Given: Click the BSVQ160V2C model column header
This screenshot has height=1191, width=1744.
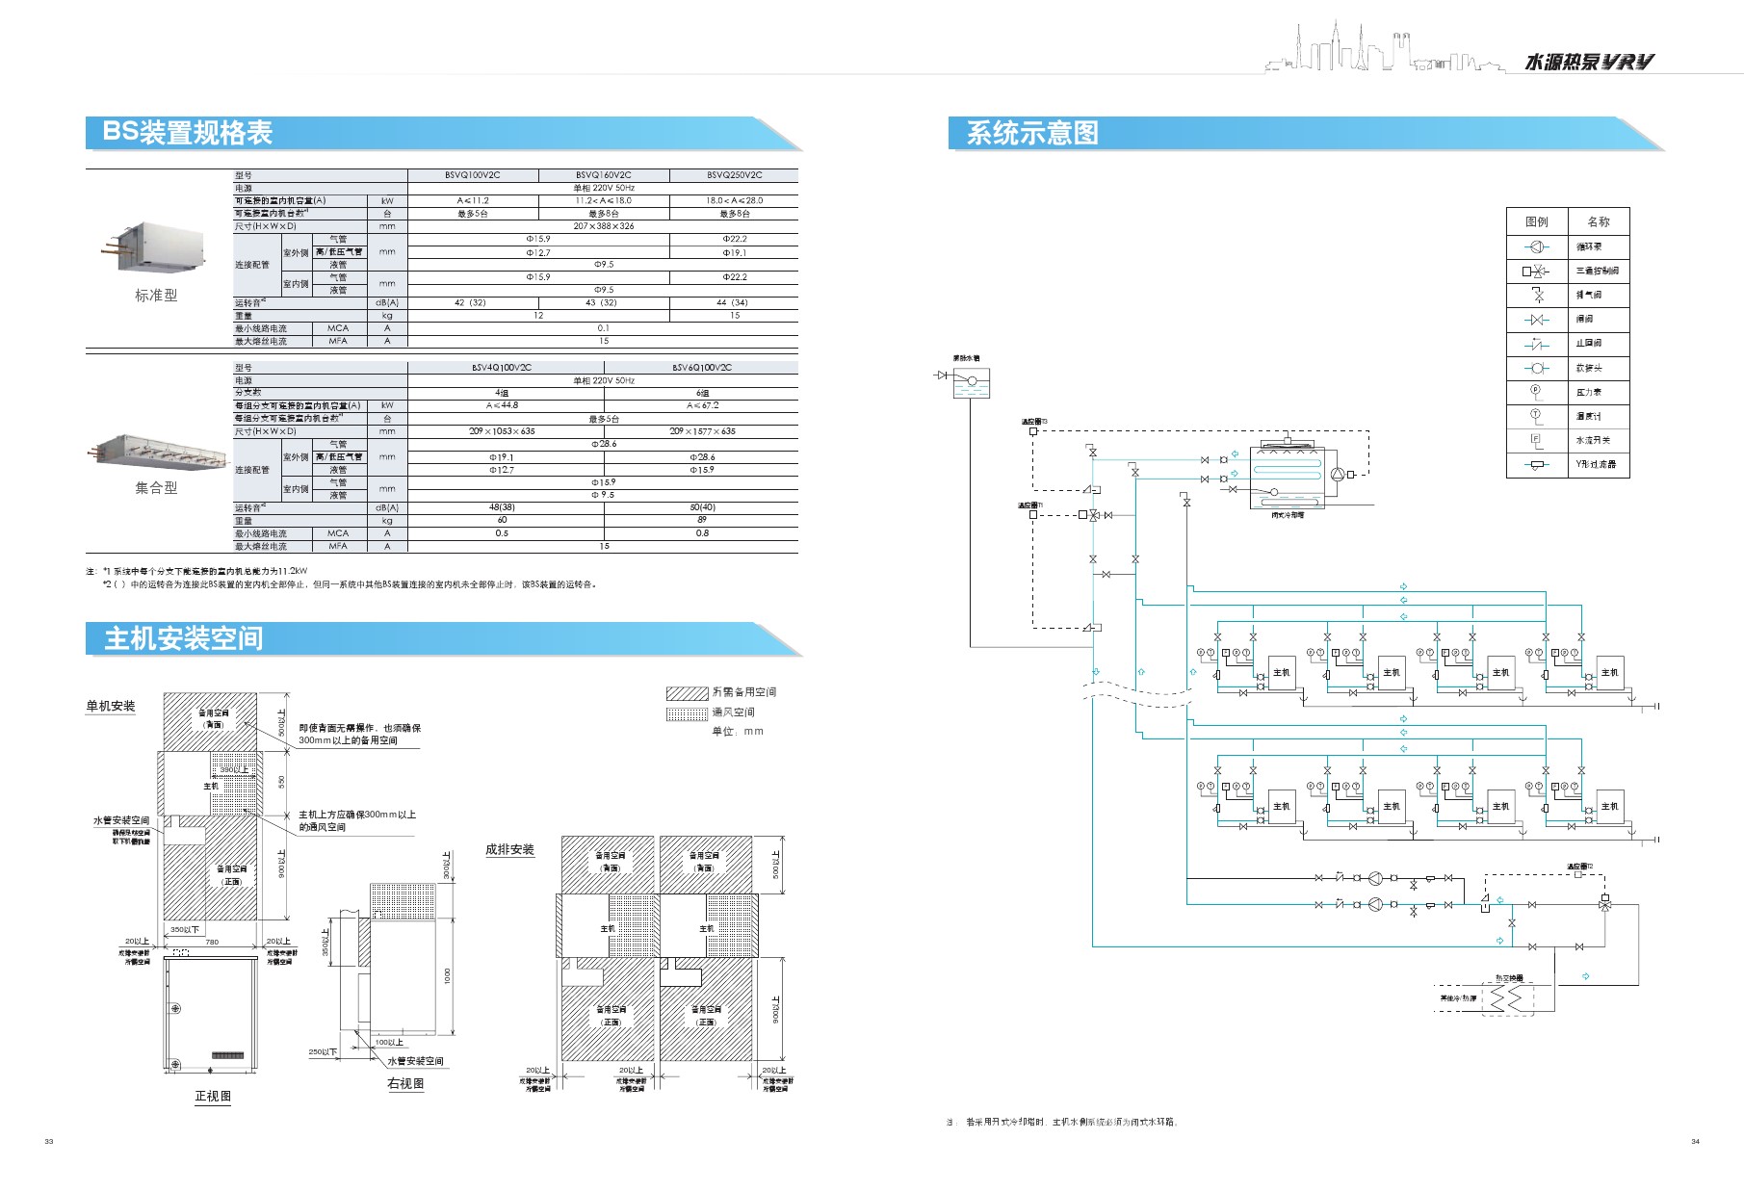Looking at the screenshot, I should tap(603, 175).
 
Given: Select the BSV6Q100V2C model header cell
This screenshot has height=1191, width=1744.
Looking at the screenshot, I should tap(701, 368).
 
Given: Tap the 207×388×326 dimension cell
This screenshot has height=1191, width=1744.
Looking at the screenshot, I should tap(603, 226).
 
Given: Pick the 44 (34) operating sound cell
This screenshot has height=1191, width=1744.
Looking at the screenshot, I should tap(733, 302).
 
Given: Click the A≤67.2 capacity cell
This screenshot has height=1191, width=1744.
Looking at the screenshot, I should tap(701, 405).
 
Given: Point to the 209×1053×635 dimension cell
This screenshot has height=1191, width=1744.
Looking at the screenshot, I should tap(502, 431).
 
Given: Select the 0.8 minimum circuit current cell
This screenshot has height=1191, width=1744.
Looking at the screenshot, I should tap(701, 533).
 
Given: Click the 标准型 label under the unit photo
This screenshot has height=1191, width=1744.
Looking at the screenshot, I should tap(156, 296).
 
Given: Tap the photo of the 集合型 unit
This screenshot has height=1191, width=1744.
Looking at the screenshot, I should tap(156, 450).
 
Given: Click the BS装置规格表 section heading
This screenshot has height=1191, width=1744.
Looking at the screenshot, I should tap(188, 133).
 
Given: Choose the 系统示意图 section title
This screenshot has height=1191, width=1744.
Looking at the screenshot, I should tap(1032, 133).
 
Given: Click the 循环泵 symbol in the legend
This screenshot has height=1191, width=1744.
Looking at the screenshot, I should tap(1537, 246).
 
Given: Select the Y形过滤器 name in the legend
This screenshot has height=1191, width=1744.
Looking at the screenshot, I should tap(1596, 464).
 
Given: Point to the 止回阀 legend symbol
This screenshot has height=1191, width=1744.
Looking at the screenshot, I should tap(1537, 344).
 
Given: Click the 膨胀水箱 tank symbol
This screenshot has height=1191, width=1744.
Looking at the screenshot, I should tap(971, 382).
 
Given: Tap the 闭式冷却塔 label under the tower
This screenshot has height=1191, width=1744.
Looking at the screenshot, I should tap(1287, 515).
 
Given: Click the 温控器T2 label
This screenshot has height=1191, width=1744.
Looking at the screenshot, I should tap(1579, 867).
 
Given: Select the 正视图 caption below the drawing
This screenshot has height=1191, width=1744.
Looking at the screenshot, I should tap(213, 1096).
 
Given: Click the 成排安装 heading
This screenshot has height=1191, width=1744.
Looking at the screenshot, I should tap(509, 849).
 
